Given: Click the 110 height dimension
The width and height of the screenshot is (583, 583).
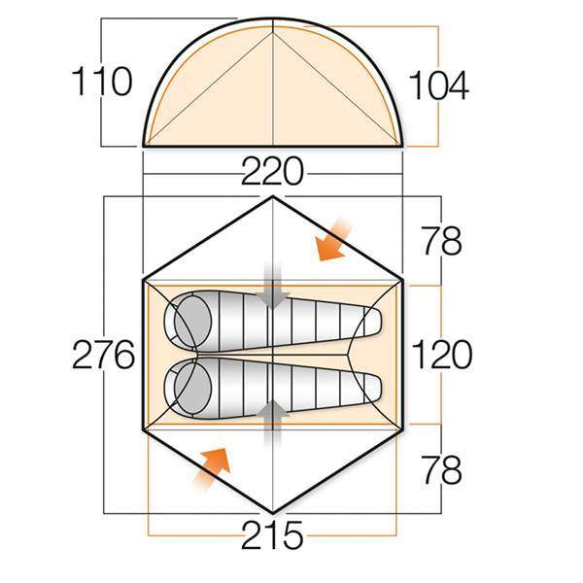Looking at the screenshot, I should [101, 83].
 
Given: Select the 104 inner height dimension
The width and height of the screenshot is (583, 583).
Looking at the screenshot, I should [438, 86].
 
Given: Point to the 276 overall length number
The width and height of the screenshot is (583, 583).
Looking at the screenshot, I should [102, 357].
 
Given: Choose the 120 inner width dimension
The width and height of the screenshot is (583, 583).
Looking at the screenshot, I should [440, 356].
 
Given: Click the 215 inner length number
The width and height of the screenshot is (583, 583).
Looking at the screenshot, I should [273, 535].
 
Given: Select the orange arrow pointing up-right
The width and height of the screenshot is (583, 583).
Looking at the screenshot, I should [213, 468].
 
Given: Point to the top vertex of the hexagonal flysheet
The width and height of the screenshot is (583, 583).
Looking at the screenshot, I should [273, 197].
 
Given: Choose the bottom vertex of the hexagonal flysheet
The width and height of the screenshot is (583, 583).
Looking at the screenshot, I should [273, 513].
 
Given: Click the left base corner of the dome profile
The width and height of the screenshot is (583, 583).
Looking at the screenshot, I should [145, 146].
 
